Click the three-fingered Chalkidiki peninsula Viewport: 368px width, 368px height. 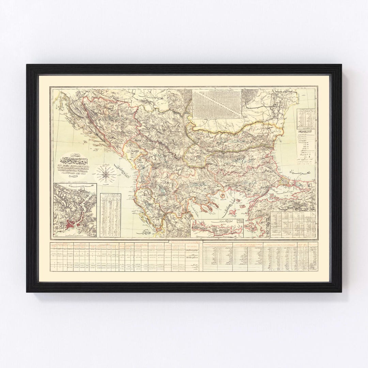coord(203,209)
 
